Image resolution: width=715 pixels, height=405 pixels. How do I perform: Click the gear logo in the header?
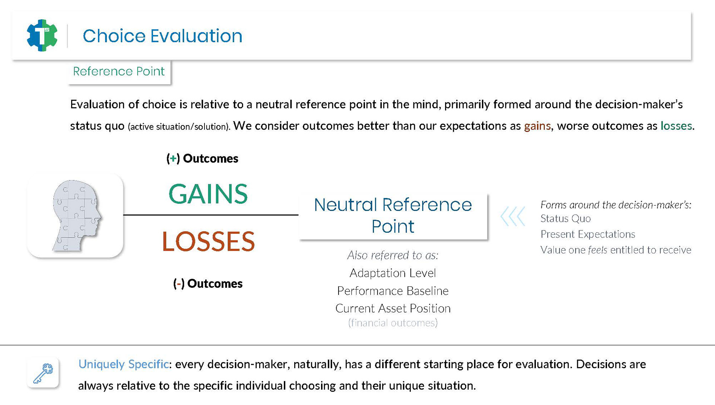point(42,35)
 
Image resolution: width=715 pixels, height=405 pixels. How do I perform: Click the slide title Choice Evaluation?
point(162,36)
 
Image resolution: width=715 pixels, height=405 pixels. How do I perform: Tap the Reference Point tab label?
point(119,71)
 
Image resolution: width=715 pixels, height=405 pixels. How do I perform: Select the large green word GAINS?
point(208,194)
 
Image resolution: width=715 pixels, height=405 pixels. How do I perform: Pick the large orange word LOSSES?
point(208,241)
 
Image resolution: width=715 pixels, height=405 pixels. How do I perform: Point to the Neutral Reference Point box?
point(393,216)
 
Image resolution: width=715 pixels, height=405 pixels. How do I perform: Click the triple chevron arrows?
point(513,216)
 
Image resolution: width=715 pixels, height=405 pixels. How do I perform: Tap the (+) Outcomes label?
point(202,159)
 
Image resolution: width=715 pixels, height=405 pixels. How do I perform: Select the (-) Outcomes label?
point(208,284)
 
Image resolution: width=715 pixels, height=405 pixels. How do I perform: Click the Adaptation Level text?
point(393,273)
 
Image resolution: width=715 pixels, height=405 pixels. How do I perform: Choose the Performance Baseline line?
point(393,291)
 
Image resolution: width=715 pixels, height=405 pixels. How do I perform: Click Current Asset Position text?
point(393,308)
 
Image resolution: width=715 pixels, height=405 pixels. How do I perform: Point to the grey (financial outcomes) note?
point(393,323)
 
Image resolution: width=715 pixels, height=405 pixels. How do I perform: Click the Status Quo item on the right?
point(565,219)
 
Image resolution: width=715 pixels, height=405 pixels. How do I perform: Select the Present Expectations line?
point(588,234)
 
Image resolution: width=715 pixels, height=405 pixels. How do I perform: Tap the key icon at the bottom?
point(43,373)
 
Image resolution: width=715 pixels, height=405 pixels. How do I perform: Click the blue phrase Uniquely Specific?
point(124,364)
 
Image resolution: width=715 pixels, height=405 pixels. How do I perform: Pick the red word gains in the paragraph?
point(537,126)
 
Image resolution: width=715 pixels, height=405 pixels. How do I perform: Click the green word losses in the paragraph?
point(676,126)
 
